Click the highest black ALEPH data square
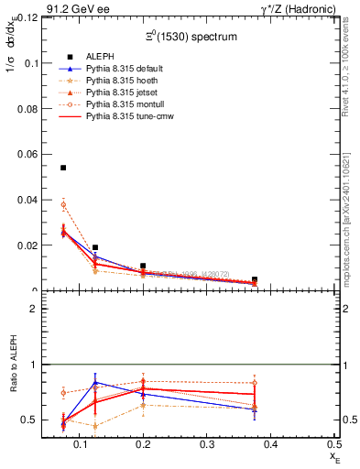63,168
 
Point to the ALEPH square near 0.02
95,247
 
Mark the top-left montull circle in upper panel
63,205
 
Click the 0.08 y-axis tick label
27,108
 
